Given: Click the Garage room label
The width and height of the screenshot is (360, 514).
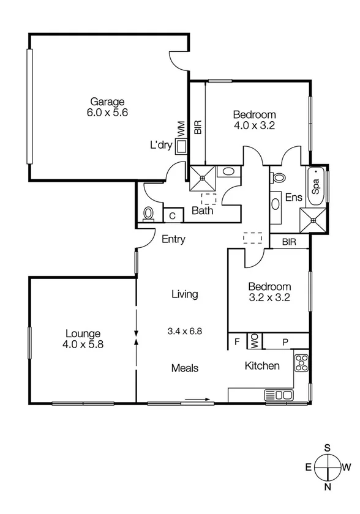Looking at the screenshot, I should [x=107, y=102].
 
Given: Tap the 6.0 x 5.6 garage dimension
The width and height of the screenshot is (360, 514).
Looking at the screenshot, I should [x=107, y=113].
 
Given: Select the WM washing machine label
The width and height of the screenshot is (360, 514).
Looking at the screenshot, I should [x=181, y=128].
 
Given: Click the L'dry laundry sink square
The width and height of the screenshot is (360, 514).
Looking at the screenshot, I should [x=181, y=146].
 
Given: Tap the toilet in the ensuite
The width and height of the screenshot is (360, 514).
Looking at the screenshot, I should [x=279, y=177].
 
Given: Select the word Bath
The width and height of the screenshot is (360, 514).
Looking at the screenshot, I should [x=202, y=212].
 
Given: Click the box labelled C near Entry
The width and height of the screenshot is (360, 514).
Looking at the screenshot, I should [x=173, y=215].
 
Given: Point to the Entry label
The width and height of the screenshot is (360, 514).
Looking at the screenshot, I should [x=173, y=240].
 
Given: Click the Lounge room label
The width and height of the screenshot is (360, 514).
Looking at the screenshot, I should [x=83, y=333].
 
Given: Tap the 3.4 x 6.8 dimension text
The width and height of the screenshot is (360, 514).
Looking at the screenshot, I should [x=184, y=331].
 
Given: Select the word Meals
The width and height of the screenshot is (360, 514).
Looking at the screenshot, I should [x=184, y=368].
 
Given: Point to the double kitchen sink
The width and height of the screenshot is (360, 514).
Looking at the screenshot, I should [x=279, y=395].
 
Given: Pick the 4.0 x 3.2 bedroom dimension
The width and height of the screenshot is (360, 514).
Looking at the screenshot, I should [x=254, y=125].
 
